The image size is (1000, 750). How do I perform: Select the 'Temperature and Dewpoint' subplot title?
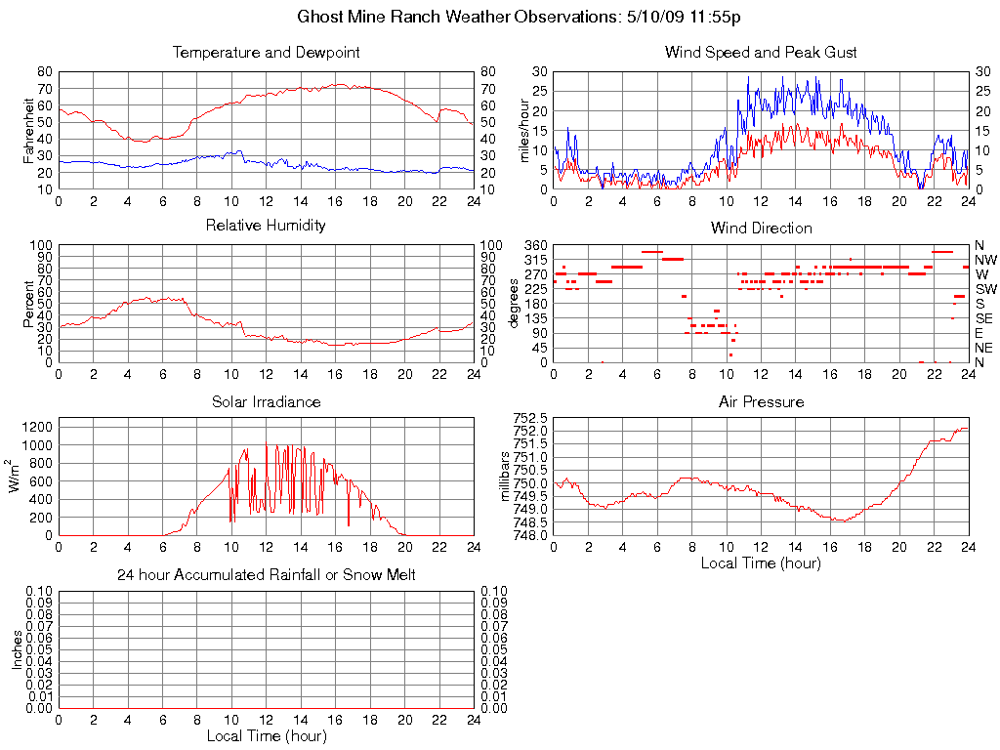266,53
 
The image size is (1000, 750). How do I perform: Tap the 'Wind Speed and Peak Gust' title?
761,53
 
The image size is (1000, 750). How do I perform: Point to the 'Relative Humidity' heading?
266,226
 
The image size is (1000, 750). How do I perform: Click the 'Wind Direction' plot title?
761,229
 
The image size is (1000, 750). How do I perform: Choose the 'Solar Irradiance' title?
266,401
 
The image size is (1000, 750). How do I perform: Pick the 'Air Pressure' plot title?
761,401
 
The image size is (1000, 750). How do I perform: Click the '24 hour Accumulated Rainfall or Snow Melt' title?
266,575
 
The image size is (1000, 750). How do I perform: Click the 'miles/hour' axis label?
524,130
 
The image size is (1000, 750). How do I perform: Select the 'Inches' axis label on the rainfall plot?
17,649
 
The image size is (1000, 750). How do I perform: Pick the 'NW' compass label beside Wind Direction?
985,260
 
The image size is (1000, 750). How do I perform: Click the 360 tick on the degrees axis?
536,245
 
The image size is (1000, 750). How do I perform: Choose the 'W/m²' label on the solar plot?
17,476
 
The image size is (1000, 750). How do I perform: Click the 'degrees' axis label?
515,303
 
